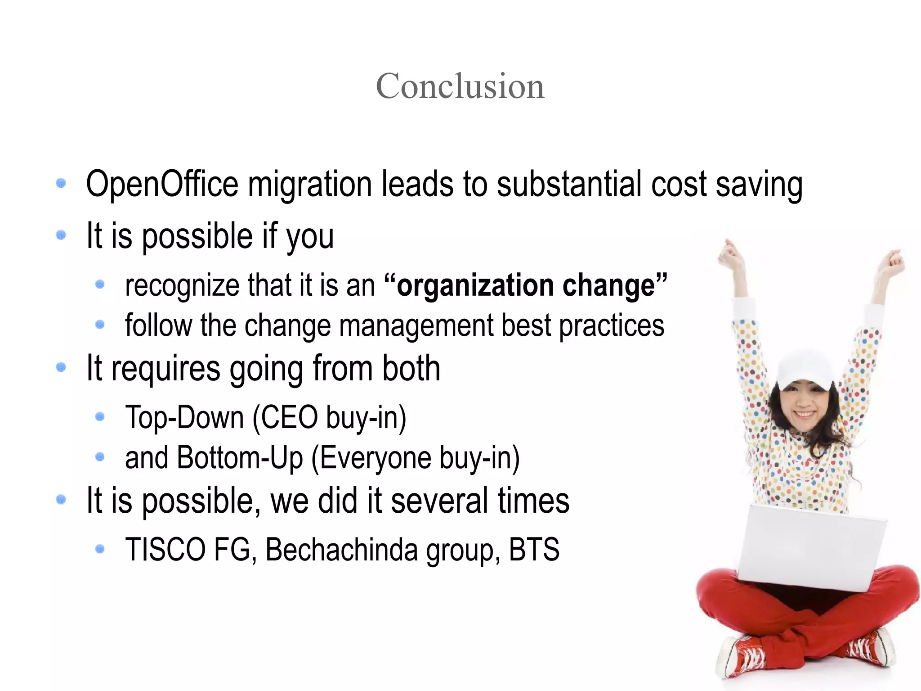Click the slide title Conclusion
pyautogui.click(x=460, y=86)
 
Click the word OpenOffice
pyautogui.click(x=162, y=184)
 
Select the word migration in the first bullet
pyautogui.click(x=310, y=184)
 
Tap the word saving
pyautogui.click(x=759, y=185)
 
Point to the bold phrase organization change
pyautogui.click(x=526, y=285)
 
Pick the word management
pyautogui.click(x=416, y=325)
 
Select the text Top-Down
pyautogui.click(x=184, y=417)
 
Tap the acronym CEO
pyautogui.click(x=290, y=417)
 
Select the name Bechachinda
pyautogui.click(x=342, y=550)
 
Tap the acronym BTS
pyautogui.click(x=534, y=550)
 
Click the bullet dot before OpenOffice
pyautogui.click(x=61, y=183)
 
